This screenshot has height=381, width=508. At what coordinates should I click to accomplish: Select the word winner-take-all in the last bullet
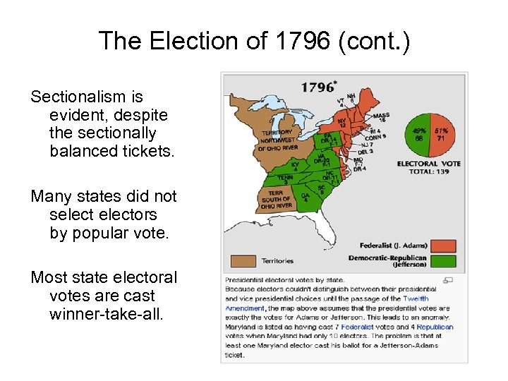(x=106, y=314)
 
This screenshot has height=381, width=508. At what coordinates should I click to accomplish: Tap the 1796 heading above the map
(x=318, y=87)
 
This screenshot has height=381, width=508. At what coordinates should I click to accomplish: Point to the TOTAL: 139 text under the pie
(x=429, y=172)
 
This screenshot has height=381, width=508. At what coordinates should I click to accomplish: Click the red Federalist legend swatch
(x=444, y=246)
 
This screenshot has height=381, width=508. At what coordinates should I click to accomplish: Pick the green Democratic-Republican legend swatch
(x=444, y=261)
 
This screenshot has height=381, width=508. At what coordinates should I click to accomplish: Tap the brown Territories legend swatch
(x=242, y=260)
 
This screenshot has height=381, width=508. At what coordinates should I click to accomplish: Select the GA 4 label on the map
(x=305, y=197)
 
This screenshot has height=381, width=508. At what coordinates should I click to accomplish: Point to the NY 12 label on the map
(x=341, y=123)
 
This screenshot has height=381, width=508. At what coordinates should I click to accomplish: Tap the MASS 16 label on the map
(x=381, y=118)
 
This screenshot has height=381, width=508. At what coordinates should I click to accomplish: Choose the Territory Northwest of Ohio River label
(x=277, y=140)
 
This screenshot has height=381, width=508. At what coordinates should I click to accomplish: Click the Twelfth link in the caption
(x=416, y=299)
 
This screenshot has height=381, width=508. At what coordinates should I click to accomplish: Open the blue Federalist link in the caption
(x=356, y=327)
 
